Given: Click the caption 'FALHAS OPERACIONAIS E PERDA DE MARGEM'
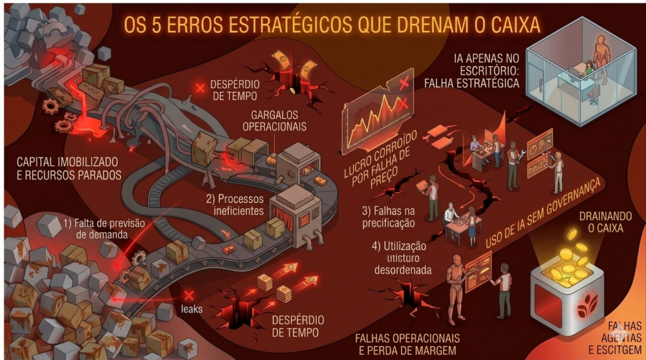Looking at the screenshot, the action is (x=408, y=344).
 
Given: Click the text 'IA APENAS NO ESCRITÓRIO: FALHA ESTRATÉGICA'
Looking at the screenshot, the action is (x=486, y=70).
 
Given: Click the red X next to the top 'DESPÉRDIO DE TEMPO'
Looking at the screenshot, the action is (x=201, y=88).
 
